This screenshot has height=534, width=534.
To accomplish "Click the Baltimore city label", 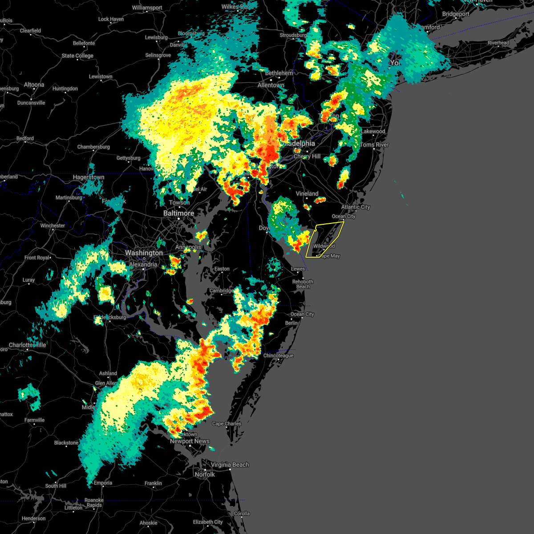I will pos(178,213).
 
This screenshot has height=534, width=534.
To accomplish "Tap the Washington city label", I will pos(144,253).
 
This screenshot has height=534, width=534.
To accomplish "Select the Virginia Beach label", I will pos(230,465).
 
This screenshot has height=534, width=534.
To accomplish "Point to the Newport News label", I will pos(190,441).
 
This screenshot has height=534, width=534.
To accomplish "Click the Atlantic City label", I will pos(356,207).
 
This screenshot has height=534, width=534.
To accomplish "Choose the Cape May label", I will pos(329,256).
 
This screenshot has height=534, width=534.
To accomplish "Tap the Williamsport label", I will pos(147,8).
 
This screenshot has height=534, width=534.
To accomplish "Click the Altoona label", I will pos(34,85).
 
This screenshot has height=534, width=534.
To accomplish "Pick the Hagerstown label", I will pos(89,177).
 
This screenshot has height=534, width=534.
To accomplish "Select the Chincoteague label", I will pos(278,356).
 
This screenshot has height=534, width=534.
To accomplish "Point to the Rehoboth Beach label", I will pos(303,284).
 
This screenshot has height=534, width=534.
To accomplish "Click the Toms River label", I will pos(374,145).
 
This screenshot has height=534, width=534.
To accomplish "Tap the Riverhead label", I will pos(498,43).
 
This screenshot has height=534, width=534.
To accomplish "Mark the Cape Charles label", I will pos(227,424).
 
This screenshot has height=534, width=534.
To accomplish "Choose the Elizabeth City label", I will pos(208,522).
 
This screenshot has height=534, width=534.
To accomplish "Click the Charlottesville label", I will pos(28,345).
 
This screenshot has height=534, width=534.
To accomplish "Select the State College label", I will pos(77,56).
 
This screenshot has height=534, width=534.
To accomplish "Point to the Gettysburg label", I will pos(128,158).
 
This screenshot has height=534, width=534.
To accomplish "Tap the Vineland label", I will pos(307,194).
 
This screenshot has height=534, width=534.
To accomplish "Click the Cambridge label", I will pos(222,291).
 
